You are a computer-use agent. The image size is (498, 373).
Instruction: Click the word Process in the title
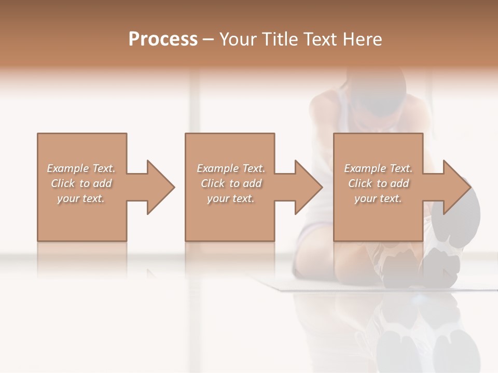pos(163,39)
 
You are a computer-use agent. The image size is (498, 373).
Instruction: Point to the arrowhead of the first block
pos(158,187)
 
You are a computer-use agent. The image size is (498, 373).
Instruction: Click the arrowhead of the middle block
pos(306,187)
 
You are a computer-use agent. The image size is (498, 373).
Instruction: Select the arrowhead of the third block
pos(454,187)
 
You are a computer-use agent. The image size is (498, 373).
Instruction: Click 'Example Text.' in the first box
pos(81,168)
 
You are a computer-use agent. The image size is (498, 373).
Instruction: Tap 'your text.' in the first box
pos(81,198)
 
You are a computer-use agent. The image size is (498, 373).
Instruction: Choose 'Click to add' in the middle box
pos(231,183)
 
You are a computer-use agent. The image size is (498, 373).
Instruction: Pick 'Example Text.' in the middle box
pos(231,168)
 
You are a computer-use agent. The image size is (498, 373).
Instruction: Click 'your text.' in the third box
pos(378,198)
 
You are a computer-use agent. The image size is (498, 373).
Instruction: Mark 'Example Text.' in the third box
pos(378,168)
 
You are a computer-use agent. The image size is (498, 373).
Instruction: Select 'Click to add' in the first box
pos(81,183)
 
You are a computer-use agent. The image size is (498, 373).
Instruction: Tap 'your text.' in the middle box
pos(231,198)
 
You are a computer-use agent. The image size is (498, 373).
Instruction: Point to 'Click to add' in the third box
pos(378,183)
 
